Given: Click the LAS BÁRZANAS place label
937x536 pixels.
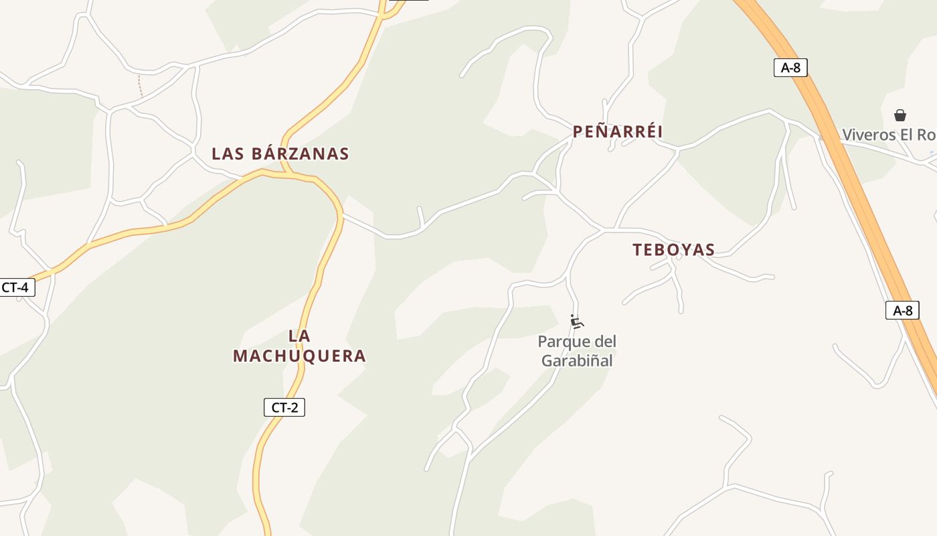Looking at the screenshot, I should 280,153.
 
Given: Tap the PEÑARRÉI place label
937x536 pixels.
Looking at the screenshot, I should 617,131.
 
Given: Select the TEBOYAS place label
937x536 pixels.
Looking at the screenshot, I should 673,250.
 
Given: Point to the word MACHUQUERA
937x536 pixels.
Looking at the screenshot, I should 299,356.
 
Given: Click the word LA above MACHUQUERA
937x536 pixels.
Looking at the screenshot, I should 299,336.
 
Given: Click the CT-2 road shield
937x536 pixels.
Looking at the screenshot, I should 284,407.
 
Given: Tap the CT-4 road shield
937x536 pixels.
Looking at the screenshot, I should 15,287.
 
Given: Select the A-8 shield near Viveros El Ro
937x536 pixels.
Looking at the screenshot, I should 790,67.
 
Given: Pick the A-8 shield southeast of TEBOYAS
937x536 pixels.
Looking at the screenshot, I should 902,310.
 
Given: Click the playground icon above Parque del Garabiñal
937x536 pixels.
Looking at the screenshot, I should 576,322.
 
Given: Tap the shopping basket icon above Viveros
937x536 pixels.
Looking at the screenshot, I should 900,115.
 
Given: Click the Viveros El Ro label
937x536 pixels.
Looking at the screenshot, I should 888,135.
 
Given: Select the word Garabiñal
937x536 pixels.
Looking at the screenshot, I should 577,360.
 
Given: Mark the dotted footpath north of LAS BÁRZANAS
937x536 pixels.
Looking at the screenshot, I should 140,86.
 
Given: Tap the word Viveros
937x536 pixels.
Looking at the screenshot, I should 868,135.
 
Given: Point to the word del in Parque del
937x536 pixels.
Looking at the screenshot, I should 605,342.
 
